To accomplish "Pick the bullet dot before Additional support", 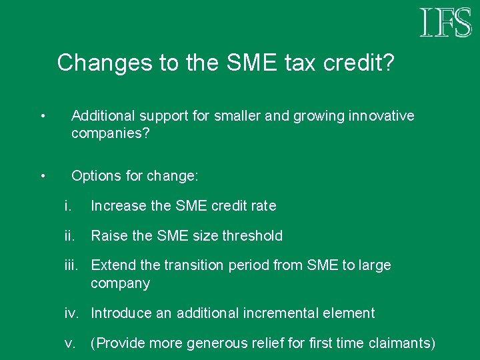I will tap(42, 117).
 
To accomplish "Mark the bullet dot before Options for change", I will tap(42, 176).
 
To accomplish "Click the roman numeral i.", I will tap(67, 206).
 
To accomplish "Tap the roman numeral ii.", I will tap(69, 235).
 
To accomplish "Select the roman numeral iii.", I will tap(72, 265).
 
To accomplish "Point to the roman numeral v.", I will tap(69, 343).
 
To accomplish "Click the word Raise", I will tap(108, 235).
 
